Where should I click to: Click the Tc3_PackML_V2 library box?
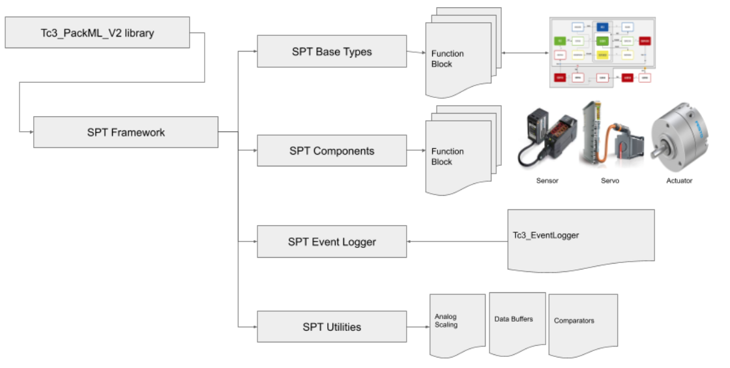coord(98,33)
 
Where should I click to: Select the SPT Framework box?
coord(126,132)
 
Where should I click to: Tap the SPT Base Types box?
coord(332,52)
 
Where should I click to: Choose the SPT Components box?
coord(332,151)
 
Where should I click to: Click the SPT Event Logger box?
coord(332,242)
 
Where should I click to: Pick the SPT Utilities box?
coord(332,327)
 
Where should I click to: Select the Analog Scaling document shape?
coord(458,324)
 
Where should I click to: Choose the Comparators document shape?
coord(582,324)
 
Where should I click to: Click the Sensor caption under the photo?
coord(547,181)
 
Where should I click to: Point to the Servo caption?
coord(609,181)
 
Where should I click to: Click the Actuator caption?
coord(679,181)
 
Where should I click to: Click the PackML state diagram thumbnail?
coord(602,52)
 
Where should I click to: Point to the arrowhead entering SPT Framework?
coord(30,132)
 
